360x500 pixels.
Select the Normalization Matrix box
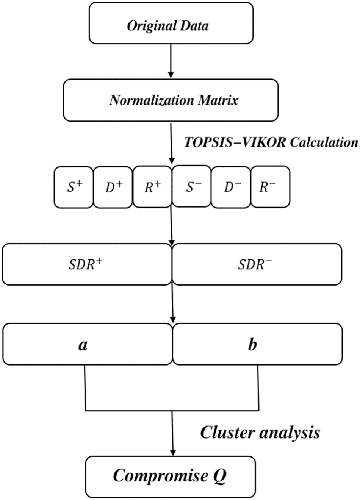pyautogui.click(x=171, y=100)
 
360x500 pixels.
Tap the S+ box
pyautogui.click(x=74, y=187)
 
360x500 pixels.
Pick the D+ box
pyautogui.click(x=113, y=187)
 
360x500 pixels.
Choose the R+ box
pyautogui.click(x=152, y=187)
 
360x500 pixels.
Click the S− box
pyautogui.click(x=192, y=187)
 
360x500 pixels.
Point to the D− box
pyautogui.click(x=231, y=187)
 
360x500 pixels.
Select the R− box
pyautogui.click(x=270, y=187)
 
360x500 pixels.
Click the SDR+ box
pyautogui.click(x=86, y=264)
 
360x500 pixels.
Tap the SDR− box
pyautogui.click(x=257, y=264)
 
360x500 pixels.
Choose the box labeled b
pyautogui.click(x=257, y=344)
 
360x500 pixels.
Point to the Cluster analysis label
pyautogui.click(x=260, y=432)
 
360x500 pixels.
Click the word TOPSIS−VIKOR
pyautogui.click(x=235, y=142)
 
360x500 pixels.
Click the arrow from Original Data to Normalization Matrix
pyautogui.click(x=171, y=61)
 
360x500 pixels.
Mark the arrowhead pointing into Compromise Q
pyautogui.click(x=173, y=453)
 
